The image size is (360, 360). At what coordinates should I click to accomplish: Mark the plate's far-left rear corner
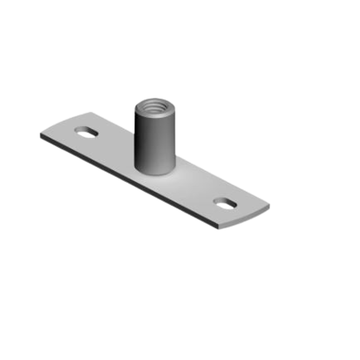89,112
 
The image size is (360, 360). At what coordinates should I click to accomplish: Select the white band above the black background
180,27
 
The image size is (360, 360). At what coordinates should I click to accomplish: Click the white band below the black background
180,333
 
